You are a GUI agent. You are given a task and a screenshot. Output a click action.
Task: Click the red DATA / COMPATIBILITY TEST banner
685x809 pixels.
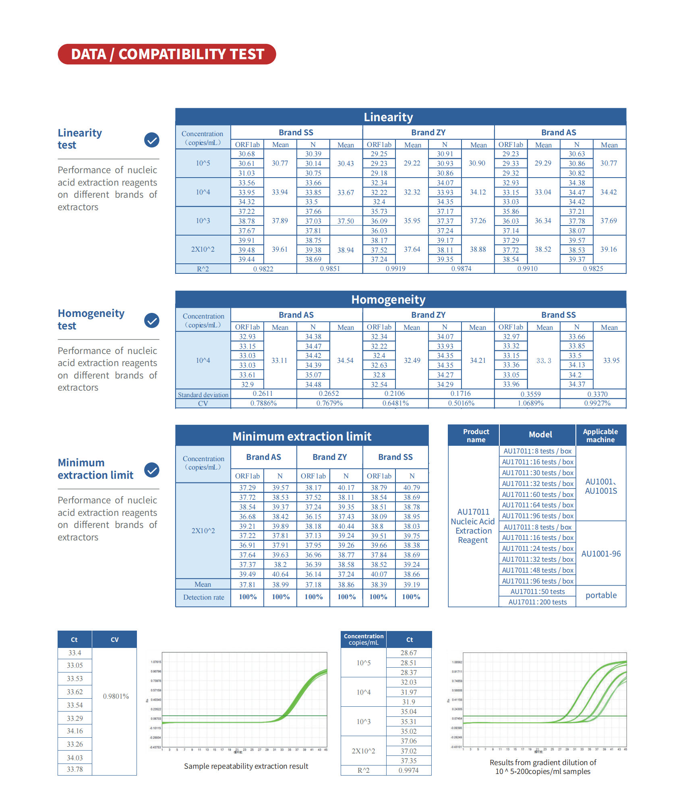pyautogui.click(x=167, y=54)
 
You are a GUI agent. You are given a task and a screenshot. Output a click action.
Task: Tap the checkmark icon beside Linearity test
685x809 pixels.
pyautogui.click(x=152, y=140)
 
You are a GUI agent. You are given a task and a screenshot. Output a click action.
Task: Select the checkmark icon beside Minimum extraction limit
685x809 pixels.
pyautogui.click(x=152, y=470)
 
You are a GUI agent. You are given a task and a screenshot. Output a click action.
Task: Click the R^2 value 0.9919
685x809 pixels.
pyautogui.click(x=395, y=269)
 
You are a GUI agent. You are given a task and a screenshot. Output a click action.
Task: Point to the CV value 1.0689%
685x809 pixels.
pyautogui.click(x=530, y=403)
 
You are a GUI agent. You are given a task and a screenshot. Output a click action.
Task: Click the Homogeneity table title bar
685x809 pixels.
pyautogui.click(x=388, y=300)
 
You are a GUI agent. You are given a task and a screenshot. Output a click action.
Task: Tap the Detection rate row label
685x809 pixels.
pyautogui.click(x=203, y=597)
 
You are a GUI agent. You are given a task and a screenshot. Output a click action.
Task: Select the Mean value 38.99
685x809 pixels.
pyautogui.click(x=280, y=584)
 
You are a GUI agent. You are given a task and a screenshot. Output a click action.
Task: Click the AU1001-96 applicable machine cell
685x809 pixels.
pyautogui.click(x=601, y=554)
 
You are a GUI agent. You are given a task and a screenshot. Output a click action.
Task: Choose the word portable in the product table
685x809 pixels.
pyautogui.click(x=601, y=595)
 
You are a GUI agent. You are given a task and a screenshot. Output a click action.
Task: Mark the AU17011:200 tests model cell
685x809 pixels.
pyautogui.click(x=537, y=602)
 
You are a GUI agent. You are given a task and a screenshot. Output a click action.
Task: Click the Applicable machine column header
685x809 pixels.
pyautogui.click(x=600, y=435)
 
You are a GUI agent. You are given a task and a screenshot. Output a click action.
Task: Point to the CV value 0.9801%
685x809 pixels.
pyautogui.click(x=116, y=696)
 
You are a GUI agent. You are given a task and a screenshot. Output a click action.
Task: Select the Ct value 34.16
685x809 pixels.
pyautogui.click(x=75, y=731)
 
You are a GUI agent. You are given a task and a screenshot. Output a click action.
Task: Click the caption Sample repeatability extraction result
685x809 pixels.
pyautogui.click(x=246, y=766)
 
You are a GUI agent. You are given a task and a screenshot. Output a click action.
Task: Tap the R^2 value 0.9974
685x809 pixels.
pyautogui.click(x=408, y=770)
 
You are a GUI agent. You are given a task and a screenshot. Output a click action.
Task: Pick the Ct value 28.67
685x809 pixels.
pyautogui.click(x=408, y=653)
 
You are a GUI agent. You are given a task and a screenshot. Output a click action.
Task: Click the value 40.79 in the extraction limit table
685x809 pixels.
pyautogui.click(x=412, y=488)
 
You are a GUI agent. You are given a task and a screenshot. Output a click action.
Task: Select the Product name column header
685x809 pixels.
pyautogui.click(x=476, y=435)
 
